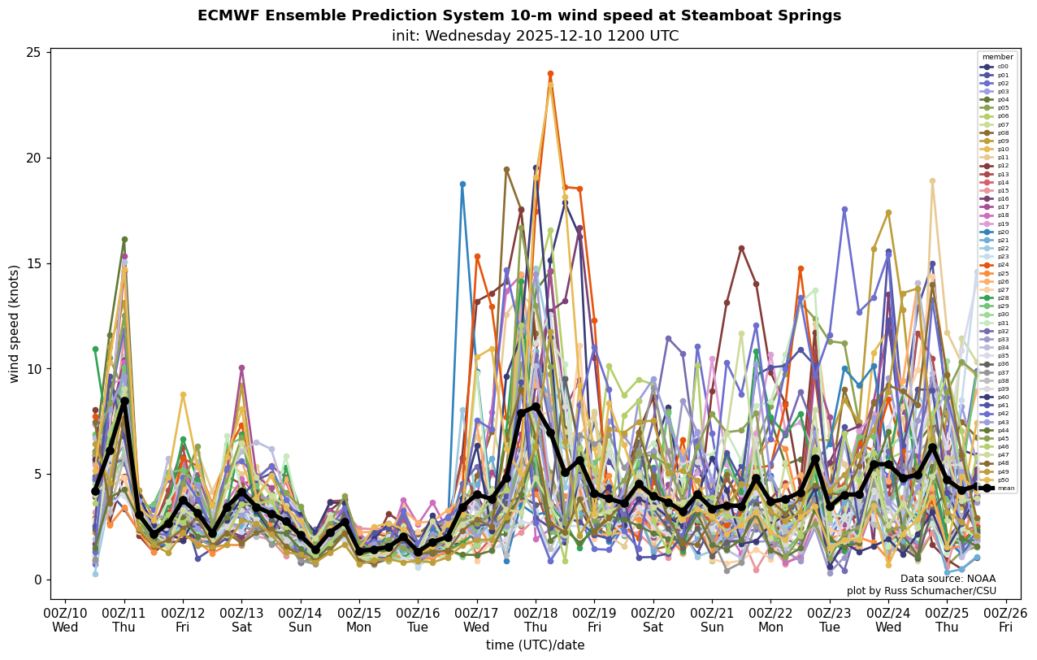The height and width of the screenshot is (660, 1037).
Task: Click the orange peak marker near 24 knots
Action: pyautogui.click(x=550, y=74)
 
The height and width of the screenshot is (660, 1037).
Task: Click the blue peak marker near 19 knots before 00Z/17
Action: pyautogui.click(x=462, y=185)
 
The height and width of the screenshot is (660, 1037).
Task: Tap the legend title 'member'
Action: pyautogui.click(x=997, y=57)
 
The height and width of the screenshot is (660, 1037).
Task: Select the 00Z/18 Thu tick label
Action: pyautogui.click(x=535, y=619)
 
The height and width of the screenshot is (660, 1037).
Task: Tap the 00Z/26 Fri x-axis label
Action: pyautogui.click(x=1006, y=619)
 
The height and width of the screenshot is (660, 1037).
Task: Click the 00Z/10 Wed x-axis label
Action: pyautogui.click(x=65, y=619)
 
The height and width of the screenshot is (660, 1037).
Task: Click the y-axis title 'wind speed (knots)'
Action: pyautogui.click(x=14, y=323)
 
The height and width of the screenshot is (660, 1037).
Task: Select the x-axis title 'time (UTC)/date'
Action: pyautogui.click(x=535, y=645)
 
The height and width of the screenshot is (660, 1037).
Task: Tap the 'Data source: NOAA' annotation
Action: pyautogui.click(x=948, y=579)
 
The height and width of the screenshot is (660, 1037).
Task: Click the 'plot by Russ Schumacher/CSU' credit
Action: pyautogui.click(x=921, y=591)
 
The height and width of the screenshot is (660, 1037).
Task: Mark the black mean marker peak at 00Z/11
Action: pyautogui.click(x=124, y=401)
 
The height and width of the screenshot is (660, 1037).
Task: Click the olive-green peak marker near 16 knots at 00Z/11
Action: pyautogui.click(x=124, y=240)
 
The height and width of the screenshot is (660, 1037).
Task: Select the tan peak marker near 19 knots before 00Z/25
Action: pyautogui.click(x=932, y=181)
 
